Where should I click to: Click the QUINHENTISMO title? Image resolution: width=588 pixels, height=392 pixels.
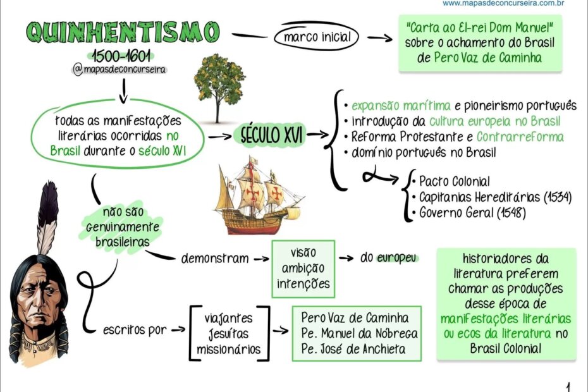[x=123, y=32]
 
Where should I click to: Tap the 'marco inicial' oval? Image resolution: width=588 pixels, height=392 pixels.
[x=317, y=38]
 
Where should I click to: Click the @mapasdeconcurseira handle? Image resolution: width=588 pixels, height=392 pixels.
[x=120, y=70]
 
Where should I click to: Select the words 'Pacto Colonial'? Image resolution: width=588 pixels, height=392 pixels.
[x=454, y=182]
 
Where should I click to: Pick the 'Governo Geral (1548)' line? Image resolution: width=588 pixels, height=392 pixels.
[x=472, y=212]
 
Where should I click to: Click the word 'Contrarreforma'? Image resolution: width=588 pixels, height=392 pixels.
[x=520, y=137]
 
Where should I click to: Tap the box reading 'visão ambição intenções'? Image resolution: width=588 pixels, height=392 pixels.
[x=303, y=268]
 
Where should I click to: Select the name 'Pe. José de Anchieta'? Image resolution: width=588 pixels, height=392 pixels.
[x=353, y=349]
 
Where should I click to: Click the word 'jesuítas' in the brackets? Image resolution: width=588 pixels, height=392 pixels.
[x=229, y=333]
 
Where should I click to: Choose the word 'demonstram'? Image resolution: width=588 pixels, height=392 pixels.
[x=214, y=259]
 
